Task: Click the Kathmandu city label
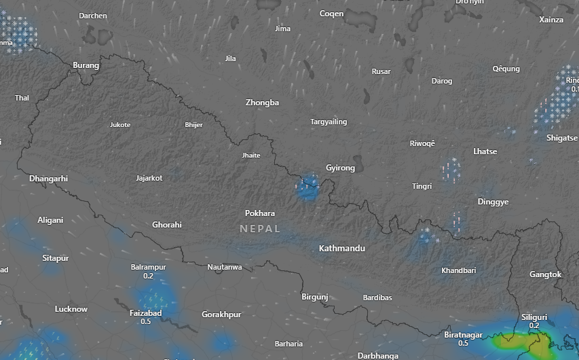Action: pos(341,249)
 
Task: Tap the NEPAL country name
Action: pos(260,229)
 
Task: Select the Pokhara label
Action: pos(260,213)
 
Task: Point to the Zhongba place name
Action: pos(262,103)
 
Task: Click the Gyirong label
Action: pos(340,168)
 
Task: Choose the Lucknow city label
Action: pos(71,309)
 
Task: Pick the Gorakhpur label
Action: pos(221,314)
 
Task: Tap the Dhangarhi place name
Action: pos(49,179)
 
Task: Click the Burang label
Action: pos(86,66)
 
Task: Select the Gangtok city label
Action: pos(546,274)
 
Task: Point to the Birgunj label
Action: pos(314,297)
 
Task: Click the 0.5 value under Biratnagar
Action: pos(463,344)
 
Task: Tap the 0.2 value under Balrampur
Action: pos(148,276)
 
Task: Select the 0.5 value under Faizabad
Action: pos(145,321)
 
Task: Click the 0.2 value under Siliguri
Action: pos(534,326)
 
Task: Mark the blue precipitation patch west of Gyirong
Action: pos(309,187)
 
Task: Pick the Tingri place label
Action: pos(422,186)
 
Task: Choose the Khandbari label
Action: pos(458,270)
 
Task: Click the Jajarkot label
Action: pos(149,178)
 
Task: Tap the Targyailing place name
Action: pos(329,122)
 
